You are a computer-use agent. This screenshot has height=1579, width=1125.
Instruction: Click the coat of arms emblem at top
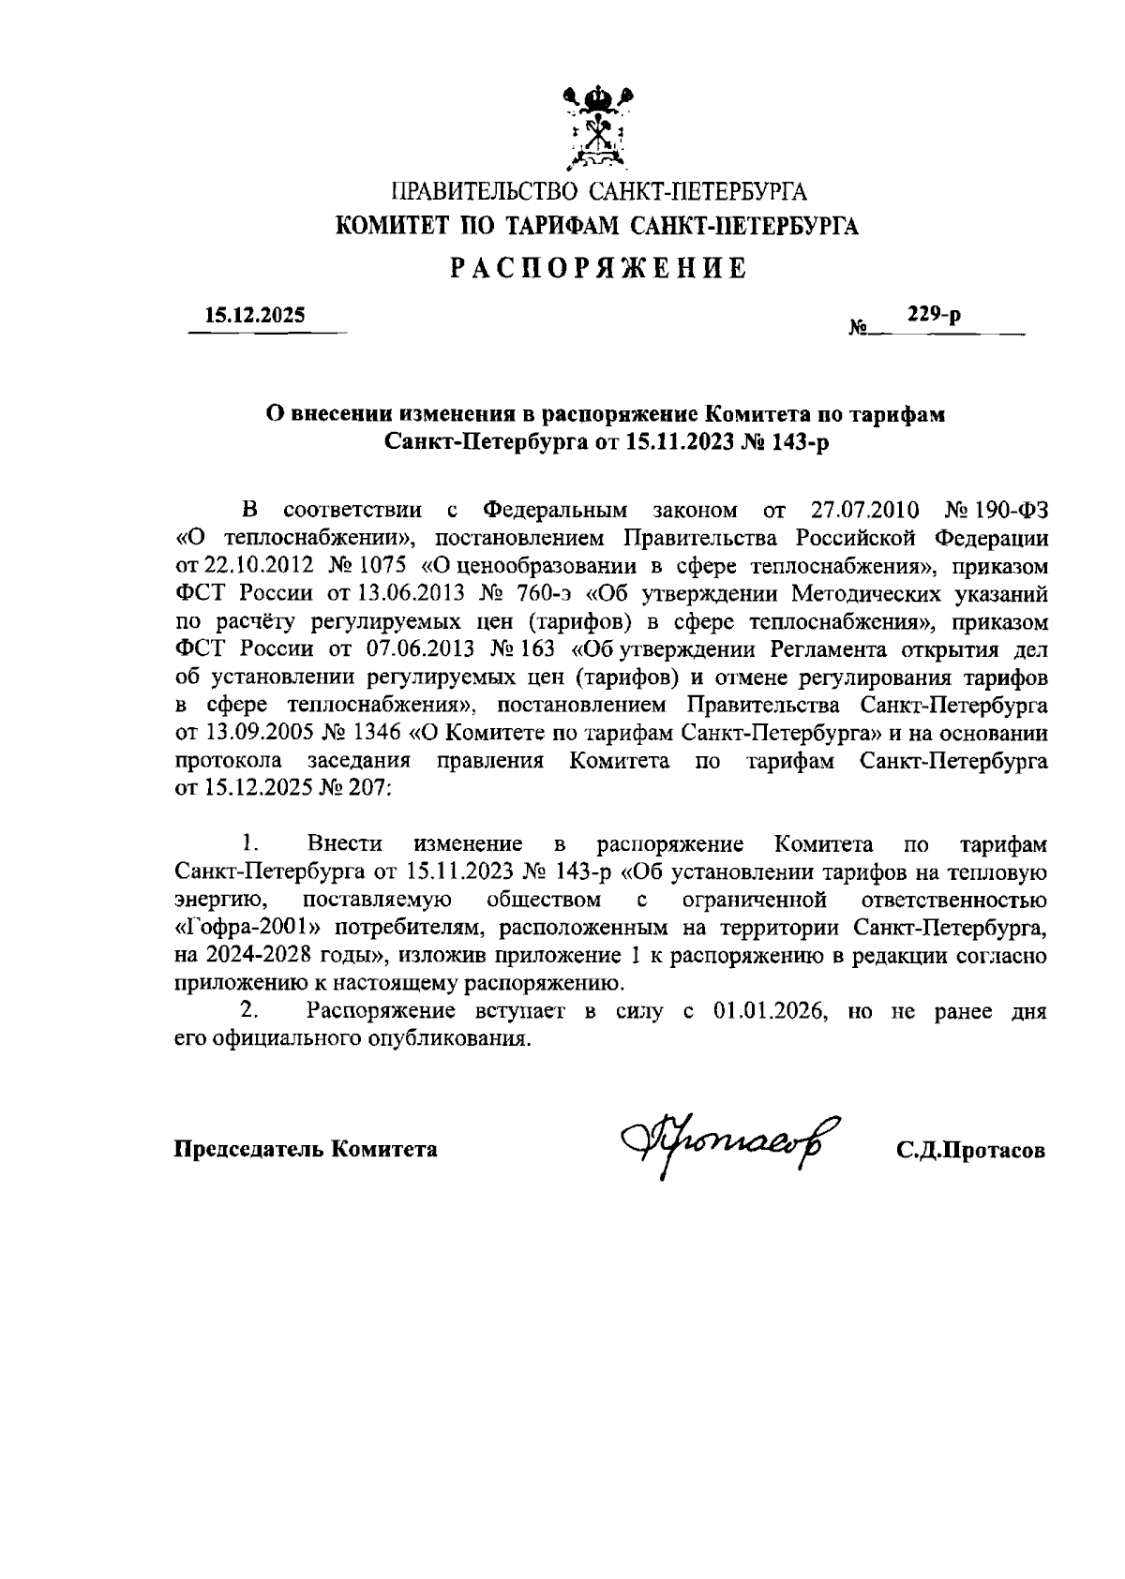600,127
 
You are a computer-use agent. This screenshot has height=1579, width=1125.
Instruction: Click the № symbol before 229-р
856,329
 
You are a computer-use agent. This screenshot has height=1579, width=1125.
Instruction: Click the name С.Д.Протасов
969,1151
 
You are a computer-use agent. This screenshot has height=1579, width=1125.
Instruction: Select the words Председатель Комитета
307,1149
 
